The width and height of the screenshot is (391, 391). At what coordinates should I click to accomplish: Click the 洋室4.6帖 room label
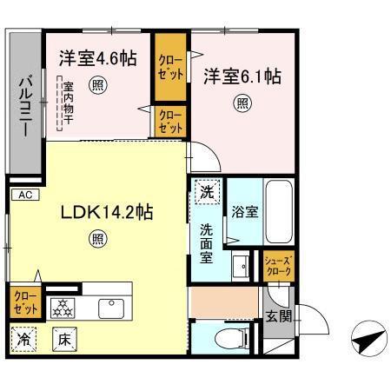(x=97, y=58)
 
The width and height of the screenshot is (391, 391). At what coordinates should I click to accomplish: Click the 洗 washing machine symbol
(x=207, y=192)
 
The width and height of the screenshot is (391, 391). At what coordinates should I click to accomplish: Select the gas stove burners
(x=63, y=305)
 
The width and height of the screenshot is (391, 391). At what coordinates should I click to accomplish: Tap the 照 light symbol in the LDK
(x=97, y=239)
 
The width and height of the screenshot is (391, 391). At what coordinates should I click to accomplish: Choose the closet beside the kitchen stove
(x=24, y=302)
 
